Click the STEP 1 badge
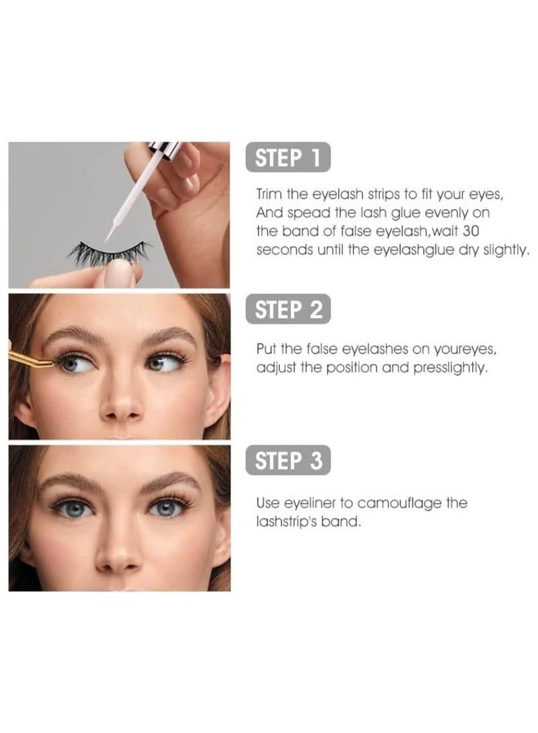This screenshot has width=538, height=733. tap(288, 159)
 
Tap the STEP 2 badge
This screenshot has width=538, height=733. tap(288, 310)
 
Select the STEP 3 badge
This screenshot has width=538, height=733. tap(288, 461)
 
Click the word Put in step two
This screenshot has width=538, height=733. tap(265, 350)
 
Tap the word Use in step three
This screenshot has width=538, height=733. tap(266, 503)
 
